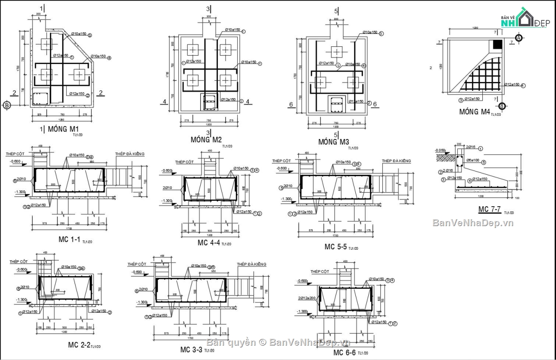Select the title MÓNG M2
(x=206, y=139)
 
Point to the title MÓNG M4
(x=474, y=112)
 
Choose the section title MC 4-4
(x=208, y=243)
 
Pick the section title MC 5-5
(x=335, y=246)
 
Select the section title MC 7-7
(x=489, y=209)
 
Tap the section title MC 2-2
(x=79, y=345)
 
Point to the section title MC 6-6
(x=345, y=353)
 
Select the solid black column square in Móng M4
(x=497, y=44)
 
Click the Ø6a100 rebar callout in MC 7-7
(x=473, y=162)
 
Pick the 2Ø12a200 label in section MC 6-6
(x=307, y=298)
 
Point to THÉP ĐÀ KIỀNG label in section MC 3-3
(x=251, y=264)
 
